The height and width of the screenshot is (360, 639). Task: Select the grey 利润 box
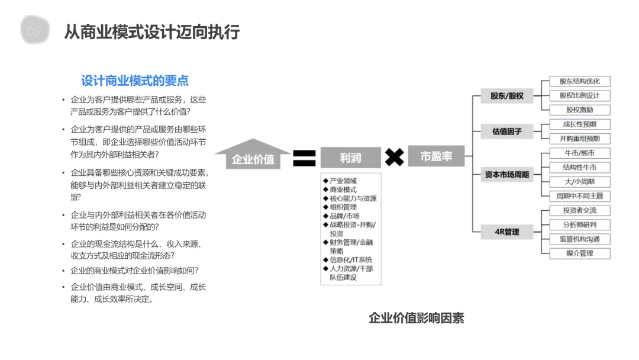pyautogui.click(x=350, y=157)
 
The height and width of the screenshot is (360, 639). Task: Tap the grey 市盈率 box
pyautogui.click(x=436, y=156)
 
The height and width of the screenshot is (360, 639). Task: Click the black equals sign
pyautogui.click(x=304, y=157)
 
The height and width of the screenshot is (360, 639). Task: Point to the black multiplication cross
pyautogui.click(x=394, y=157)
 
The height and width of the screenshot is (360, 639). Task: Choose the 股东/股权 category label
pyautogui.click(x=506, y=95)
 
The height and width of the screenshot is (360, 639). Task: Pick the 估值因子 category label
pyautogui.click(x=506, y=131)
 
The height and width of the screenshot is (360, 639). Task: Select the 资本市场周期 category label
pyautogui.click(x=506, y=174)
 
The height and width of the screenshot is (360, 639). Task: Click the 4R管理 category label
pyautogui.click(x=506, y=232)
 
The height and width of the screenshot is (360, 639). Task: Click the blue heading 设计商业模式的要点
pyautogui.click(x=135, y=81)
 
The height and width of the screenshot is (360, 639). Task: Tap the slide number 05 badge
pyautogui.click(x=34, y=31)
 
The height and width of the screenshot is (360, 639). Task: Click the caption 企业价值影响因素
pyautogui.click(x=416, y=318)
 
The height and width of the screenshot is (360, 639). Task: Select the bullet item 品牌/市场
pyautogui.click(x=344, y=216)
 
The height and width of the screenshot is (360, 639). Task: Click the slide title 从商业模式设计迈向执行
pyautogui.click(x=152, y=32)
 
